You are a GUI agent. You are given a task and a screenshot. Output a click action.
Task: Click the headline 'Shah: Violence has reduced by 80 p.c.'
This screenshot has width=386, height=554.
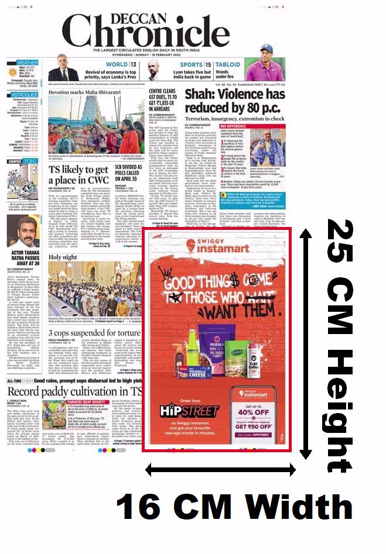pyautogui.click(x=235, y=102)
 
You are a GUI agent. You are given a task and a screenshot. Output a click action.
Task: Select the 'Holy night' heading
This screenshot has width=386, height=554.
pyautogui.click(x=63, y=257)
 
